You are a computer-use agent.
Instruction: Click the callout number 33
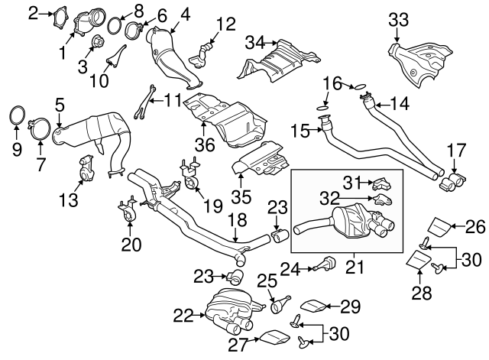pos(398,18)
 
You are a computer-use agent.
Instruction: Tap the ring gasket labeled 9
pos(16,117)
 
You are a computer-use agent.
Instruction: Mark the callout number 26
pos(475,225)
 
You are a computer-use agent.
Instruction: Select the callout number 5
pos(59,102)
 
